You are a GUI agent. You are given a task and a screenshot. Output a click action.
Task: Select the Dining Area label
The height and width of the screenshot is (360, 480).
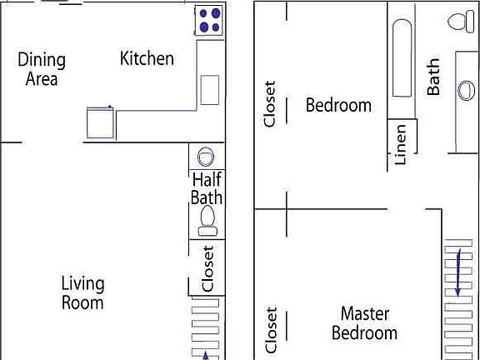42,69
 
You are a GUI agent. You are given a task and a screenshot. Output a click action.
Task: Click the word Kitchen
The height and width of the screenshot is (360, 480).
147,58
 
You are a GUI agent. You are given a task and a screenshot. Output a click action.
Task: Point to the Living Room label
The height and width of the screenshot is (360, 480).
82,292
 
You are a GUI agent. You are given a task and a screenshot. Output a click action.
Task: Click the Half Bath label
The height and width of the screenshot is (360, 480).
207,188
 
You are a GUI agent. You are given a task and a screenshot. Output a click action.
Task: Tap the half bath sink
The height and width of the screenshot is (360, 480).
206,157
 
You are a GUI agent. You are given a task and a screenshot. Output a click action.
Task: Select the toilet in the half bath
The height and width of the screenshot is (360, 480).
207,219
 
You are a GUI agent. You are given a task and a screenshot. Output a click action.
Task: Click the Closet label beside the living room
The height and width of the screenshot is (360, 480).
208,267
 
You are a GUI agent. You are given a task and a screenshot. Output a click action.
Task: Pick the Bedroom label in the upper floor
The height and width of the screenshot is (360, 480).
338,106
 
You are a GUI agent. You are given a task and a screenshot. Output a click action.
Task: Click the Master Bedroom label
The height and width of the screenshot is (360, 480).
364,323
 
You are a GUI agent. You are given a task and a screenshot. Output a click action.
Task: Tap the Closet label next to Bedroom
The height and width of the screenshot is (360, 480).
269,103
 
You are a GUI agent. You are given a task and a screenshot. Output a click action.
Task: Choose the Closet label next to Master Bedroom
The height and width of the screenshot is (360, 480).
271,330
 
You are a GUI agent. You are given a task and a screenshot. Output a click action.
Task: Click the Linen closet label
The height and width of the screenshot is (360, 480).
401,144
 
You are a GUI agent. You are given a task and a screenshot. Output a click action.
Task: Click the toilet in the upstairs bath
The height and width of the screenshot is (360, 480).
458,22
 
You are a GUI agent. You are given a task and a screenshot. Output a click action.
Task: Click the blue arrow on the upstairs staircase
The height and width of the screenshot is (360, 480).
457,275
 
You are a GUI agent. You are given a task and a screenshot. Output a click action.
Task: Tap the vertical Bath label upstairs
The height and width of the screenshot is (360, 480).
434,76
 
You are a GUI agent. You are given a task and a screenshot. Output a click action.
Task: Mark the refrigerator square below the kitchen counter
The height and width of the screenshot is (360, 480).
100,123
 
